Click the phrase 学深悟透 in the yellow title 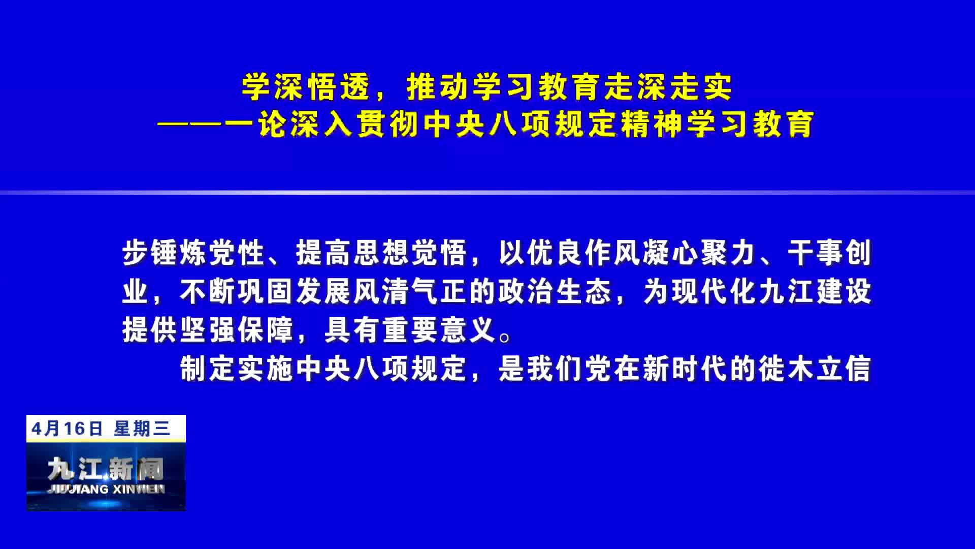(x=306, y=87)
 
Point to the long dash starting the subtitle (x=206, y=124)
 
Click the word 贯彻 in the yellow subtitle (x=388, y=124)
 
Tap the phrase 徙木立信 (x=815, y=369)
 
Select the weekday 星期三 (x=142, y=429)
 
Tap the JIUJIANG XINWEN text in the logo (x=106, y=489)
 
